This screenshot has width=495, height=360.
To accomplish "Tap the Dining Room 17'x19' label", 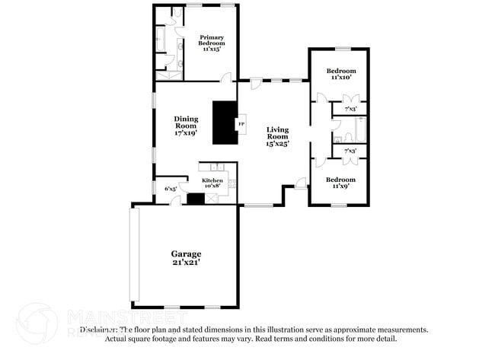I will pos(186,126).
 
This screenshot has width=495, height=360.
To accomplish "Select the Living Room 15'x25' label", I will pos(277,136).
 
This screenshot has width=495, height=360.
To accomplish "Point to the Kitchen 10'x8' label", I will pos(212,182).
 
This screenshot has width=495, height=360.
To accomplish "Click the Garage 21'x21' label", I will pos(185,257).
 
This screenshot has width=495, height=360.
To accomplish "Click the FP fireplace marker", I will pos(241,123).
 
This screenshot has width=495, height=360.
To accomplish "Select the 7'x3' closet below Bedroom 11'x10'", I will pos(350,110).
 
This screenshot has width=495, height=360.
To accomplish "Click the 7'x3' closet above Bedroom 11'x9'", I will pos(350,151).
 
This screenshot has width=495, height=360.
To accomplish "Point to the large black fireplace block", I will pos(225,123).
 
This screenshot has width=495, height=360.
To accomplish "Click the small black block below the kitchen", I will pos(196,199).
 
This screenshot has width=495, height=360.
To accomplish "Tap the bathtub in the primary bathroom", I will pos(161,39).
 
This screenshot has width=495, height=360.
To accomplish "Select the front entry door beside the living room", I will pos(302,182).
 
